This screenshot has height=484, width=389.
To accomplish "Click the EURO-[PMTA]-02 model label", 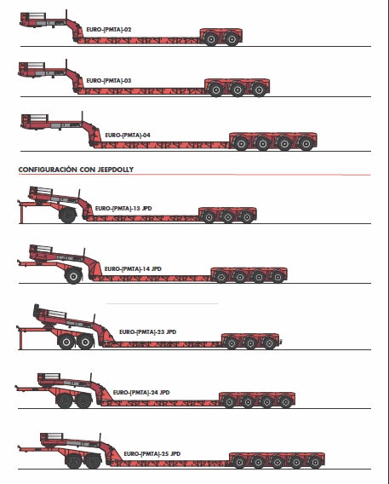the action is tap(109, 30).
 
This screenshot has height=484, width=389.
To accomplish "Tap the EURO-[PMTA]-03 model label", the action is tap(109, 81).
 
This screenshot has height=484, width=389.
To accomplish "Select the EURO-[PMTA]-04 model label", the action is tap(128, 135).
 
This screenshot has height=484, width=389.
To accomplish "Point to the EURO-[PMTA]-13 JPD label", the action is tap(123, 209).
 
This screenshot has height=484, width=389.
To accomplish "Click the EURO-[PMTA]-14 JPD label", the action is tap(133, 269).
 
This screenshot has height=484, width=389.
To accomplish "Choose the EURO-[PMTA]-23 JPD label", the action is tap(147, 331).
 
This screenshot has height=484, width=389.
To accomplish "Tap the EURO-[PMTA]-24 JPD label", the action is tap(141, 392).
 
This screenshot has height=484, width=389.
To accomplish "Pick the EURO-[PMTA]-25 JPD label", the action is tap(152, 453).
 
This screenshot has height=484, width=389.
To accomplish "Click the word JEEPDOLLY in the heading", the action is tap(116, 170).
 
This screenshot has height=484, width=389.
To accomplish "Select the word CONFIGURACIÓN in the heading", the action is tap(48, 170).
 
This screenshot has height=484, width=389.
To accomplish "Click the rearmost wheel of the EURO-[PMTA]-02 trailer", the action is tap(232, 38).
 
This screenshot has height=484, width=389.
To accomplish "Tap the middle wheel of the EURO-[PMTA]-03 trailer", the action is tap(237, 89).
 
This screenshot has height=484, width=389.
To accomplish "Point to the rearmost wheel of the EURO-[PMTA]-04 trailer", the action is tap(306, 143).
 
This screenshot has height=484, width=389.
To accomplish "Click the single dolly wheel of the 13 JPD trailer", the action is tap(68, 215).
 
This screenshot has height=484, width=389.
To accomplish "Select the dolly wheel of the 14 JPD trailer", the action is tap(73, 275).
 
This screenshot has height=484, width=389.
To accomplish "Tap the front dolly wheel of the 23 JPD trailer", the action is tap(66, 342).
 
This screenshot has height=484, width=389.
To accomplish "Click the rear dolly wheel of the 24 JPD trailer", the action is tap(83, 400).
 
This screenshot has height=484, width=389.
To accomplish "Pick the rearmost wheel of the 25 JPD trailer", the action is tap(315, 462).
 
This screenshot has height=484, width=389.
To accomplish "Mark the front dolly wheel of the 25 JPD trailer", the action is tap(74, 461).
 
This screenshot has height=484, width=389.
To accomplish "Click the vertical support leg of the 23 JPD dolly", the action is tap(20, 339).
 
